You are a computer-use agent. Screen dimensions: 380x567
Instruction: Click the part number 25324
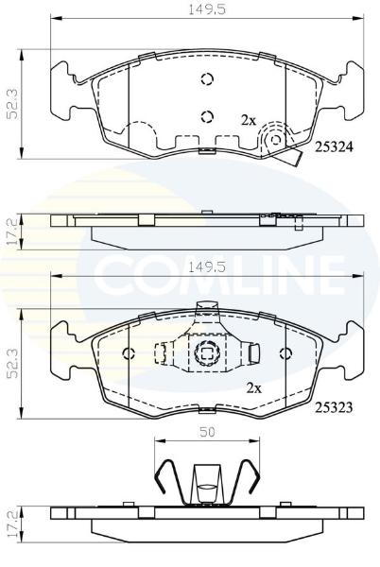tap(334, 146)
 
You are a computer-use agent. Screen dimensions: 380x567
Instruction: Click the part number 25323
tap(334, 407)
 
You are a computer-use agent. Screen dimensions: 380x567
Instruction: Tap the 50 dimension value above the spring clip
tap(207, 432)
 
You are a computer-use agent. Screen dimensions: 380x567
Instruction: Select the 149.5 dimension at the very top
tap(207, 9)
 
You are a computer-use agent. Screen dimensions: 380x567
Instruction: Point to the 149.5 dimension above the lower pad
tap(207, 267)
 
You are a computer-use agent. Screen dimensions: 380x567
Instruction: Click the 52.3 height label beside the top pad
tap(13, 104)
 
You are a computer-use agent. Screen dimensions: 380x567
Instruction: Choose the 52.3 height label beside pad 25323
tap(13, 364)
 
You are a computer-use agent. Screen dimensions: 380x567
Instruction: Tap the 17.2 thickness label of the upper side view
tap(12, 232)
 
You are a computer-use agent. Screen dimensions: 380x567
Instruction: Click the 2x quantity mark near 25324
tap(249, 120)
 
